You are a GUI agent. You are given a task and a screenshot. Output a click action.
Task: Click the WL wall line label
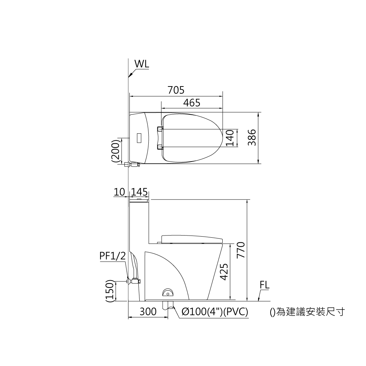(142, 64)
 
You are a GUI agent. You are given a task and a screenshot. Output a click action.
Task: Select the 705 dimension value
(176, 90)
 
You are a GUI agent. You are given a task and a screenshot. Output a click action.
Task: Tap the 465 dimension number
(192, 103)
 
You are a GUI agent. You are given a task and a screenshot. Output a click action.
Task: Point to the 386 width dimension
(252, 138)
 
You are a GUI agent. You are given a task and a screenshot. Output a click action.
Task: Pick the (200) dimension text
(115, 151)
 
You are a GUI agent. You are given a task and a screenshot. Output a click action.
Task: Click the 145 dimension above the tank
(139, 192)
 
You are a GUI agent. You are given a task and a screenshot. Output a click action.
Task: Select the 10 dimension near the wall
(119, 192)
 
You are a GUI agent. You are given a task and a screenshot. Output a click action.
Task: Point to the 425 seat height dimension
(224, 272)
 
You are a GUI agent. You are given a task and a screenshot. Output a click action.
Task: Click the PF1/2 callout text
(113, 256)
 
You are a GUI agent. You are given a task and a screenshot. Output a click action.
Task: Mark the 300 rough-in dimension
(148, 312)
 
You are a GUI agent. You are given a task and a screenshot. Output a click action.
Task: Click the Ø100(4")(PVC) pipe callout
(214, 312)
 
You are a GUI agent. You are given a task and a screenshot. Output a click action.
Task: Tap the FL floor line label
(265, 285)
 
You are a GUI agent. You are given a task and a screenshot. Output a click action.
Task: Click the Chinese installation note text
(307, 312)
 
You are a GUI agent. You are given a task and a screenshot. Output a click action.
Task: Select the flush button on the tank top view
(139, 138)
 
